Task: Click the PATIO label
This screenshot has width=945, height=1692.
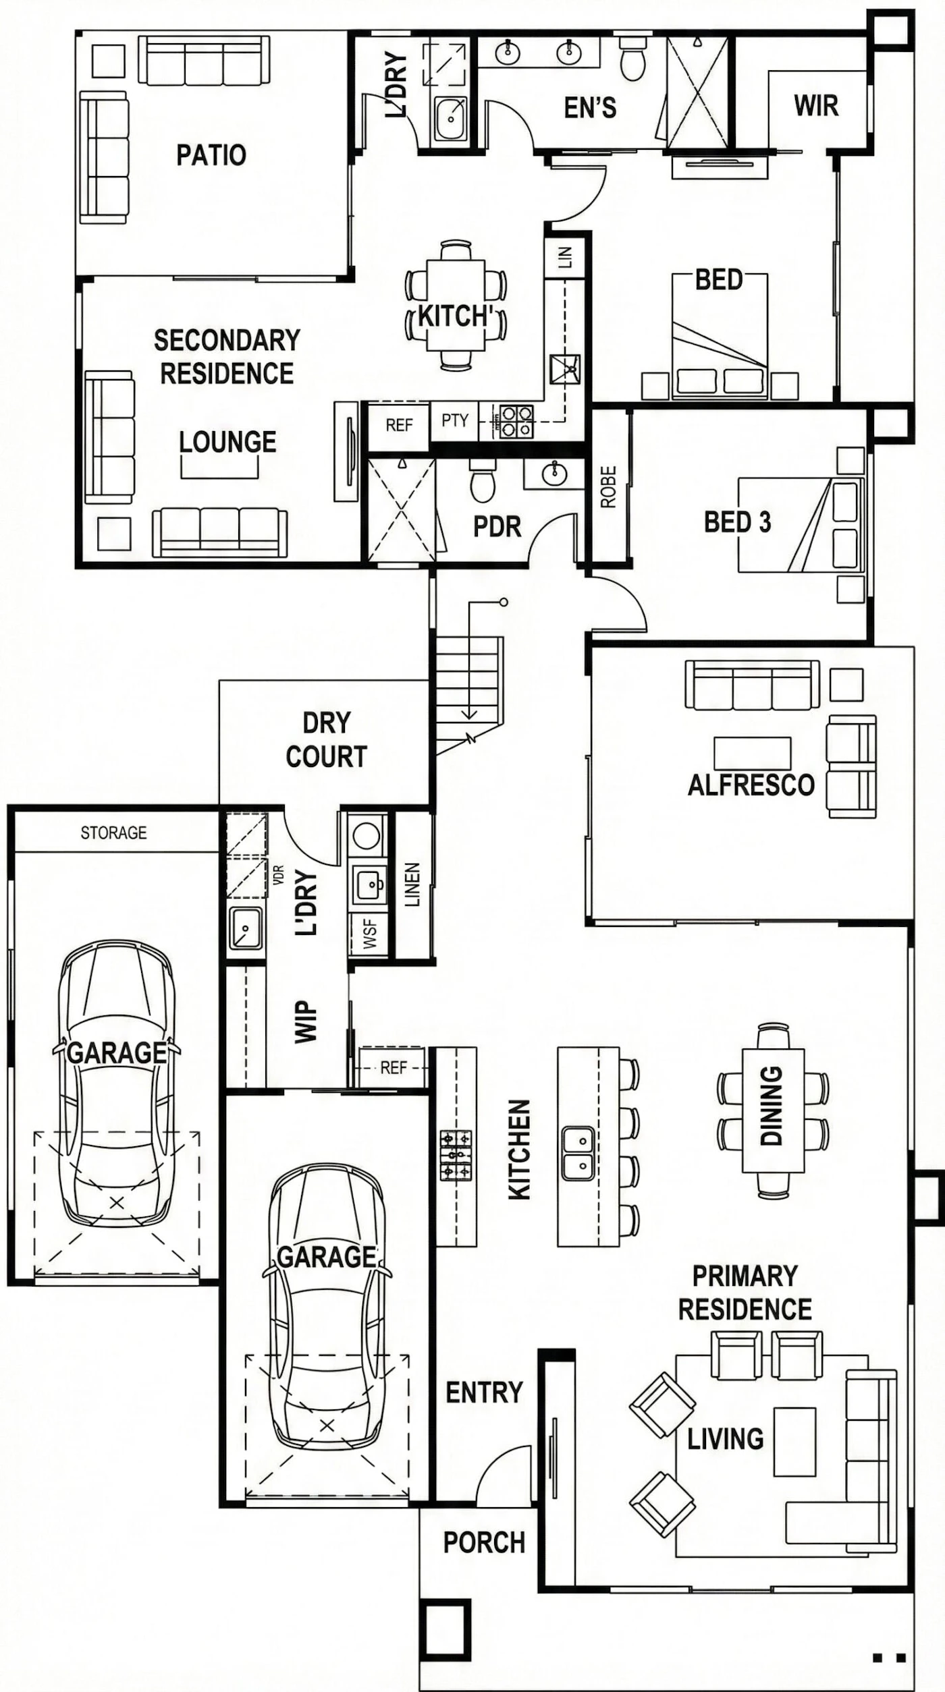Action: pyautogui.click(x=211, y=155)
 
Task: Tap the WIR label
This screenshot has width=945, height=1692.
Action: pyautogui.click(x=816, y=106)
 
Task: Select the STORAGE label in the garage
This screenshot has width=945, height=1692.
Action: pyautogui.click(x=113, y=833)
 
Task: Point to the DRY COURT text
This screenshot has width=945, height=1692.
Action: pyautogui.click(x=327, y=740)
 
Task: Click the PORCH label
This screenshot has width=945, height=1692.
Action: pyautogui.click(x=484, y=1542)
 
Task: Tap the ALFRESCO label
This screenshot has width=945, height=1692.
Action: pyautogui.click(x=751, y=785)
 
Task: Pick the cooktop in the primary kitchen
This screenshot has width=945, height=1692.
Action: pyautogui.click(x=456, y=1155)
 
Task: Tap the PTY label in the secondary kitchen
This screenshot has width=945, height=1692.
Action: pyautogui.click(x=454, y=420)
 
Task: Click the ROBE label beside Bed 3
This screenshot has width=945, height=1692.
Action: pyautogui.click(x=608, y=486)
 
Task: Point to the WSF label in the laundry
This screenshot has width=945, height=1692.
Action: pyautogui.click(x=369, y=934)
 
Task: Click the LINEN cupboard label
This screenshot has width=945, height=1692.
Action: pyautogui.click(x=412, y=884)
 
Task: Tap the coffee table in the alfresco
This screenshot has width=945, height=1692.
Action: pyautogui.click(x=753, y=754)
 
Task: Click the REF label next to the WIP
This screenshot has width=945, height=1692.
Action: pyautogui.click(x=394, y=1067)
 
